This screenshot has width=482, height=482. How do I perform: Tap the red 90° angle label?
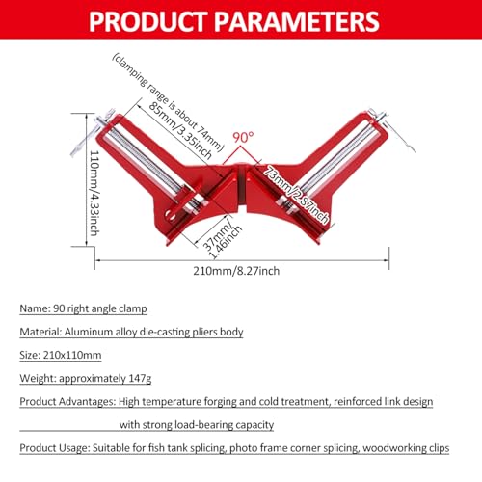point(242,138)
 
